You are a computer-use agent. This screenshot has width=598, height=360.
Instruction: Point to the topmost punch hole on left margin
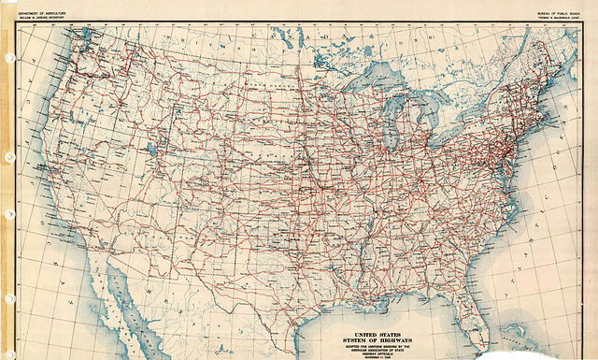[x=7, y=58]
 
